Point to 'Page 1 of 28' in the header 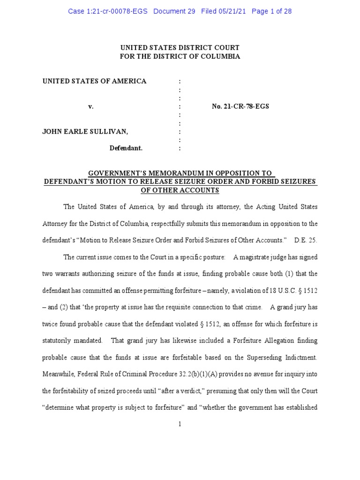click(271, 11)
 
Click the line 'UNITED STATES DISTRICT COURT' click(180, 48)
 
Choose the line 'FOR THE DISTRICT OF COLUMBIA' click(180, 56)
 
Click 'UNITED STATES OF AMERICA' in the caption click(95, 81)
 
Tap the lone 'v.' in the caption click(91, 106)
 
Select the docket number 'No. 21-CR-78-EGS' click(240, 106)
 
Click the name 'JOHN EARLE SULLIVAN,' click(85, 132)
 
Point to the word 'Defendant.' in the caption click(126, 148)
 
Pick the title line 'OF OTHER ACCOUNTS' click(180, 190)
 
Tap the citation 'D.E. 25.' click(306, 240)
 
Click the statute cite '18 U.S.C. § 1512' click(293, 291)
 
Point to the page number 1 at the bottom click(180, 425)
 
